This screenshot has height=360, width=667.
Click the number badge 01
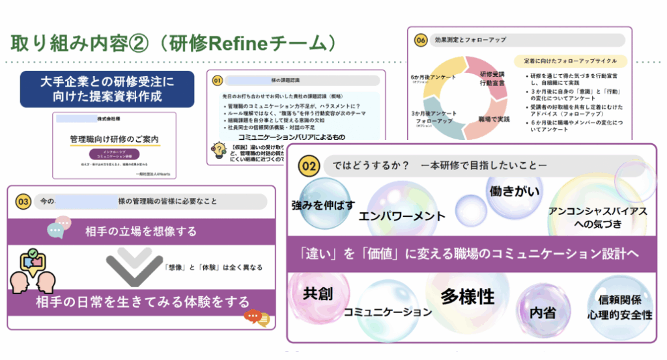pos(218,81)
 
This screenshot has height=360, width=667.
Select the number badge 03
pos(23,202)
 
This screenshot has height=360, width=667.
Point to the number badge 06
pos(421,40)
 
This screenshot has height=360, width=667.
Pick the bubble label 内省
pos(543,312)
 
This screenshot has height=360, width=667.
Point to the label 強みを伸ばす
pos(323,206)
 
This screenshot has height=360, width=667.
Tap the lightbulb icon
pos(216,151)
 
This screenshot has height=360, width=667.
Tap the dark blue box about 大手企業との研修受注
pos(107,90)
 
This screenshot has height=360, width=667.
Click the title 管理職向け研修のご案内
pos(115,140)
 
